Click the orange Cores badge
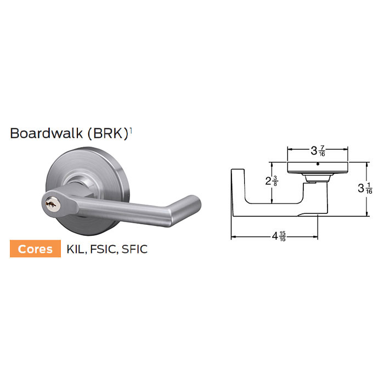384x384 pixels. tap(35, 249)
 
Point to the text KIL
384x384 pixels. tap(75, 249)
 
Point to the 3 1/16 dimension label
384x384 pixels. tap(365, 189)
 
